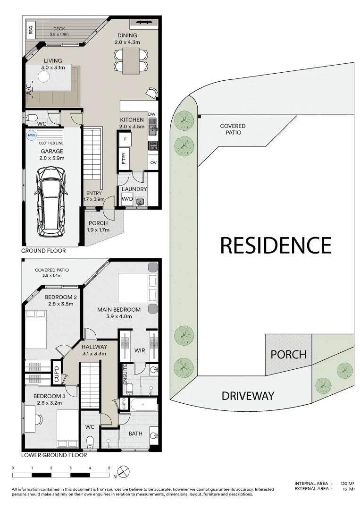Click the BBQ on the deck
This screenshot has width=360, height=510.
30,31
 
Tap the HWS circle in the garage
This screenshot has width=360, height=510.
31,135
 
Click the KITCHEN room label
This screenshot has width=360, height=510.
132,119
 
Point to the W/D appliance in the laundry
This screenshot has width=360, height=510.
127,199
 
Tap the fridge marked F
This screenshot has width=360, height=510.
125,139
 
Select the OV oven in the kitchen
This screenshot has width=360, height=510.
153,162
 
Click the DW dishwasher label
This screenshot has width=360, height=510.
151,114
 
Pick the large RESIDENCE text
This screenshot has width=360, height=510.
276,246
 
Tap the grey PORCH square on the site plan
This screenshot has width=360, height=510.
288,354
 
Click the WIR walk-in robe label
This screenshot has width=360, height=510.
140,351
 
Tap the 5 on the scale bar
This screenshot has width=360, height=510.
109,468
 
